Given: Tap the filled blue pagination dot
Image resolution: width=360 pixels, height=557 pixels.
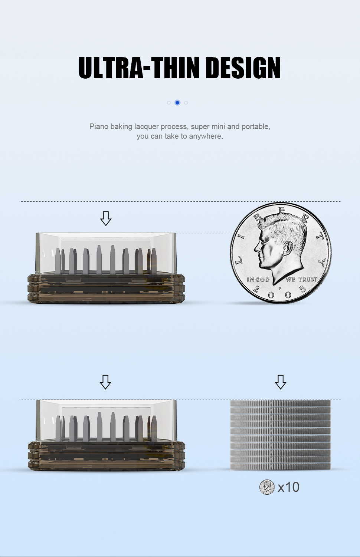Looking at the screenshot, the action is pyautogui.click(x=177, y=103).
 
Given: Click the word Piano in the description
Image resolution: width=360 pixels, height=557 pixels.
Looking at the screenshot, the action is pyautogui.click(x=98, y=126).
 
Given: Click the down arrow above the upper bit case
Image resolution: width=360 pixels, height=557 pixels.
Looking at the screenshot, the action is pyautogui.click(x=106, y=218).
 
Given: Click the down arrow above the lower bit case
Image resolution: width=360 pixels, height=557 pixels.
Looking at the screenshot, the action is pyautogui.click(x=105, y=382).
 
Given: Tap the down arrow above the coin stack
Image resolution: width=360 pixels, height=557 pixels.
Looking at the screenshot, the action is pyautogui.click(x=281, y=382).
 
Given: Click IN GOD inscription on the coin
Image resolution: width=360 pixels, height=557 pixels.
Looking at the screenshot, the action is pyautogui.click(x=258, y=280).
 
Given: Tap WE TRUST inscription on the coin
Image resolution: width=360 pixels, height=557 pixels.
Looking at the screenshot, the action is pyautogui.click(x=301, y=279).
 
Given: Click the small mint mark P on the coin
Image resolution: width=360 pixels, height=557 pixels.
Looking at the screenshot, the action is pyautogui.click(x=280, y=289).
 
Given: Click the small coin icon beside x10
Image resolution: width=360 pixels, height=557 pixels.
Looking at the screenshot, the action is pyautogui.click(x=267, y=487).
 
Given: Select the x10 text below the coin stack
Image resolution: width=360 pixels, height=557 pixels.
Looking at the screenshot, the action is pyautogui.click(x=289, y=487).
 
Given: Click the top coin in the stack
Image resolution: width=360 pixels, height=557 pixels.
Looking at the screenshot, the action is pyautogui.click(x=281, y=403).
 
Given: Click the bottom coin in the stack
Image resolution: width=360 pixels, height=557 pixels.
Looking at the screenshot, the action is pyautogui.click(x=281, y=467).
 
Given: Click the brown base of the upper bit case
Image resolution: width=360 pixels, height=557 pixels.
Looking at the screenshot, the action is pyautogui.click(x=106, y=289).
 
